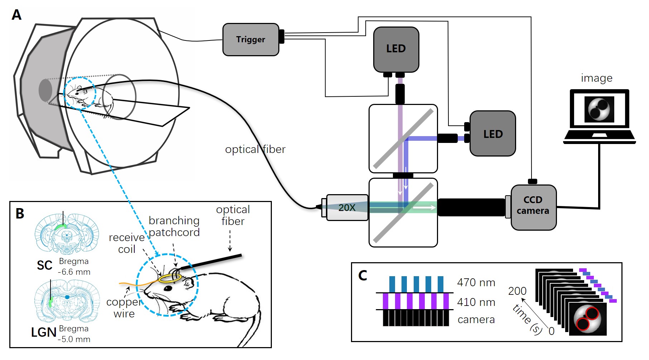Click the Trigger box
coord(251,40)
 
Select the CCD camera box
coord(533,207)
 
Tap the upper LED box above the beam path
coord(396,49)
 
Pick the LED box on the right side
coord(492,134)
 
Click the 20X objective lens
coord(347,207)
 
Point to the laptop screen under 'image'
coord(599,109)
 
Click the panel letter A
coord(16,15)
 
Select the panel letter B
coord(20,213)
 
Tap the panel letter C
coord(362,275)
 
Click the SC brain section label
coord(44,265)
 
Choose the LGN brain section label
coord(44,332)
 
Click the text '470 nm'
coord(476,283)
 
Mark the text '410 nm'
coord(476,302)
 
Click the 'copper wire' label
coord(124,308)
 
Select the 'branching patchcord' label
coord(174,226)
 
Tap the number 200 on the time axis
coord(517,291)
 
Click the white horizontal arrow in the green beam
coord(424,207)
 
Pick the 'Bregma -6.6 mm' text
coord(74,267)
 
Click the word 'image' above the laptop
coord(596,78)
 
